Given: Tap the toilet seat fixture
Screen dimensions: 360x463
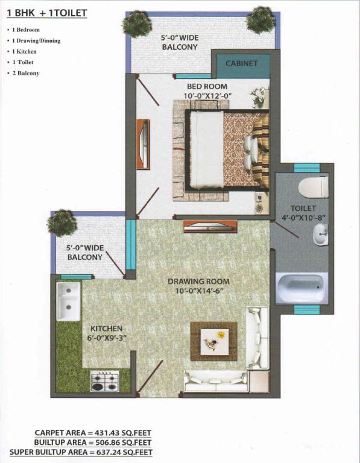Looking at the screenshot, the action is click(314, 187).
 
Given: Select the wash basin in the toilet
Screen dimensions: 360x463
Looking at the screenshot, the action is click(320, 235).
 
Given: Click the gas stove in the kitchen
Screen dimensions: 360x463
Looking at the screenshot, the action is click(105, 381).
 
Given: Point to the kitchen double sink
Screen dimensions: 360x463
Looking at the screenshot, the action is click(68, 301).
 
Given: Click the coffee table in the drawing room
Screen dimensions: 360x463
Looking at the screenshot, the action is click(214, 342).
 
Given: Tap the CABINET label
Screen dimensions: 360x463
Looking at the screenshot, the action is click(242, 63).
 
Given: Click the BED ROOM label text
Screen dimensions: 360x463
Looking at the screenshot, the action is click(207, 87).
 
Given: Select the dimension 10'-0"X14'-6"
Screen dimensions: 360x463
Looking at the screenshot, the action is click(198, 291).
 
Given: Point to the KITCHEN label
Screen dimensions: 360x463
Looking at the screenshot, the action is click(106, 329).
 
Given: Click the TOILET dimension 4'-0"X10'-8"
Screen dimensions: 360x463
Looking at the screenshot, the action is click(303, 218).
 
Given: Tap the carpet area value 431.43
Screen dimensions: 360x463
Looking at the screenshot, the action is click(107, 433).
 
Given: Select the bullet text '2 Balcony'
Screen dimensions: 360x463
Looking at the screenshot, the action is click(26, 73).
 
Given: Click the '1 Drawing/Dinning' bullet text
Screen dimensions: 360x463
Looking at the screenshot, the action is click(36, 41).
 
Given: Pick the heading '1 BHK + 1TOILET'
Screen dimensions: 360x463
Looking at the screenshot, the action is click(46, 13).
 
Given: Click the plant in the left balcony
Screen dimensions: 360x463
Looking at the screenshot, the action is click(62, 223).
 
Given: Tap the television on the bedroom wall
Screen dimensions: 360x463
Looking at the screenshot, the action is click(144, 144).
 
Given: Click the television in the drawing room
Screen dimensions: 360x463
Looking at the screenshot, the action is click(210, 227).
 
